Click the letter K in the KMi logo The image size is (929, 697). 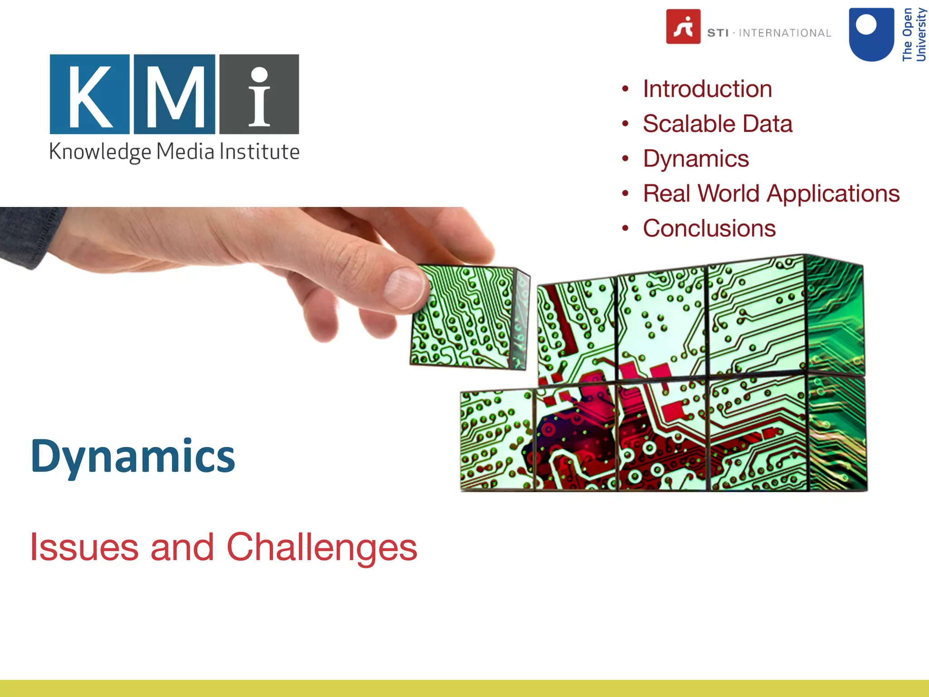(x=89, y=94)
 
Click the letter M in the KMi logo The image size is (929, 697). (x=175, y=94)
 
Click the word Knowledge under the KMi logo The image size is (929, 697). (x=100, y=152)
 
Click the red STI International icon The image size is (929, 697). (x=683, y=27)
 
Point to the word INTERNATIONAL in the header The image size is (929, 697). (x=785, y=33)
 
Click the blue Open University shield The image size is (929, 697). (x=871, y=34)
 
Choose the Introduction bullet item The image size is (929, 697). (x=707, y=89)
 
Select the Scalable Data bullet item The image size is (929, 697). (x=717, y=124)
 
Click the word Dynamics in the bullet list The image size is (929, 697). (x=696, y=159)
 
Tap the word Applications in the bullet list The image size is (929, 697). (x=833, y=194)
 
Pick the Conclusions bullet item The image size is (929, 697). (x=709, y=228)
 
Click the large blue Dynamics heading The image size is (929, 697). (x=133, y=456)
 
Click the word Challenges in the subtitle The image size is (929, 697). (x=322, y=547)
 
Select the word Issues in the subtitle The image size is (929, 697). (x=84, y=547)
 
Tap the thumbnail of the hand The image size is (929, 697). (x=405, y=287)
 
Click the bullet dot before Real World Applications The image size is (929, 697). (x=626, y=194)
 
